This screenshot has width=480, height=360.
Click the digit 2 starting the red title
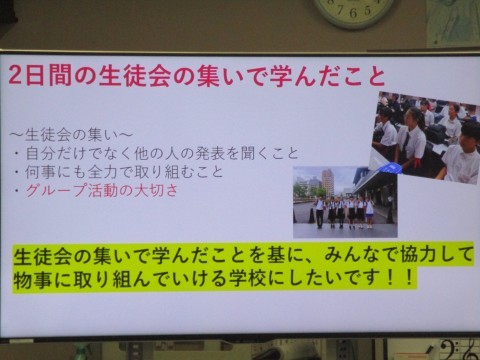(x=16, y=75)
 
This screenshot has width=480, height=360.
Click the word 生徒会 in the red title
(x=135, y=76)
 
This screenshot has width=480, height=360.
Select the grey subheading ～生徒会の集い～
(x=72, y=135)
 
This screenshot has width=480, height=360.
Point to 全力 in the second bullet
(x=102, y=172)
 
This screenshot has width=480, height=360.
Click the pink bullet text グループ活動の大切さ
(x=102, y=191)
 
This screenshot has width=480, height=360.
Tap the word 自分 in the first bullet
(x=40, y=153)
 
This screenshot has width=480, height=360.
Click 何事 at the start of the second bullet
(x=40, y=172)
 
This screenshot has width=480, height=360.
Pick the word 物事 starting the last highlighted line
(x=32, y=278)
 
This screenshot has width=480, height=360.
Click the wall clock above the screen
(x=353, y=11)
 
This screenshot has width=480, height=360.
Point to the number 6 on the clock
(x=353, y=13)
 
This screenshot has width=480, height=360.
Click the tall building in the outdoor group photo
(x=328, y=182)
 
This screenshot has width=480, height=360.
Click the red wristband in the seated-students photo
(x=417, y=162)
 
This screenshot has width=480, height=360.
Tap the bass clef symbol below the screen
(x=453, y=349)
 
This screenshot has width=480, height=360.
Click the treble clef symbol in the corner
(x=473, y=348)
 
